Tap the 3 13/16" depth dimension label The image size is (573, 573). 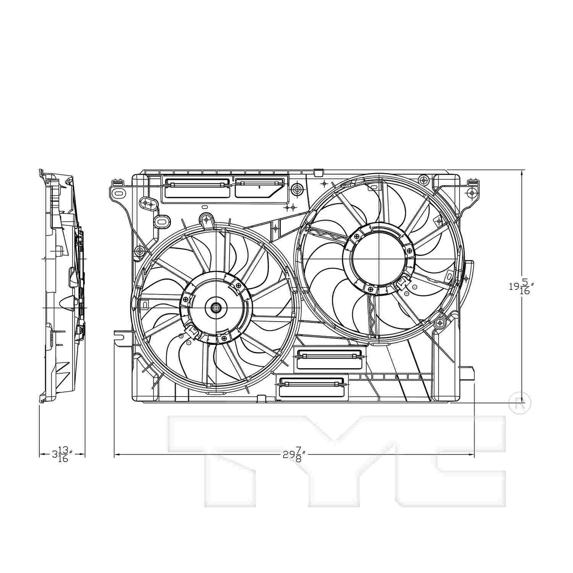click(x=62, y=454)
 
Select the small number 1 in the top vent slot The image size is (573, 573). click(x=259, y=188)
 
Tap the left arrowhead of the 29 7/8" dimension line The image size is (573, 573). click(x=117, y=455)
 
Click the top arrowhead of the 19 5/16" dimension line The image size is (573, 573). click(x=522, y=173)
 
